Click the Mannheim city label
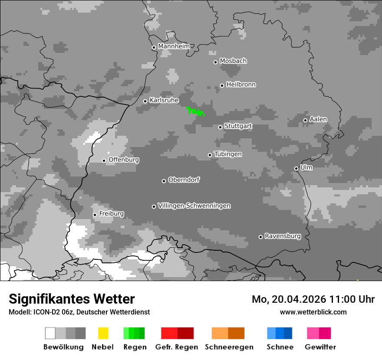pos(174,46)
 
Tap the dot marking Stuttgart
pos(221,127)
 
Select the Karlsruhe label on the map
pos(164,100)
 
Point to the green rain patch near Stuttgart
pos(195,111)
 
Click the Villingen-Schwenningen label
pos(194,206)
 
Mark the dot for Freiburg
pos(95,215)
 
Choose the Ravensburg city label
pos(283,236)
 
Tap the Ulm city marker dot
pos(296,168)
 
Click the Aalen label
pos(318,119)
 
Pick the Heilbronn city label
pos(241,85)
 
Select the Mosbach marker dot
pos(215,62)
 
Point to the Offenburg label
pos(124,160)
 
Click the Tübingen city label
pos(228,154)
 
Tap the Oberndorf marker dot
pos(164,181)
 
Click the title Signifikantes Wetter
pos(72,299)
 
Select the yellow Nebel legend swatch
pos(103,333)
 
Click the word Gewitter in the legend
pos(320,347)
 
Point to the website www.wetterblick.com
pos(313,312)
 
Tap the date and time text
pos(313,299)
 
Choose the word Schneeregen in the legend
pos(229,347)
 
